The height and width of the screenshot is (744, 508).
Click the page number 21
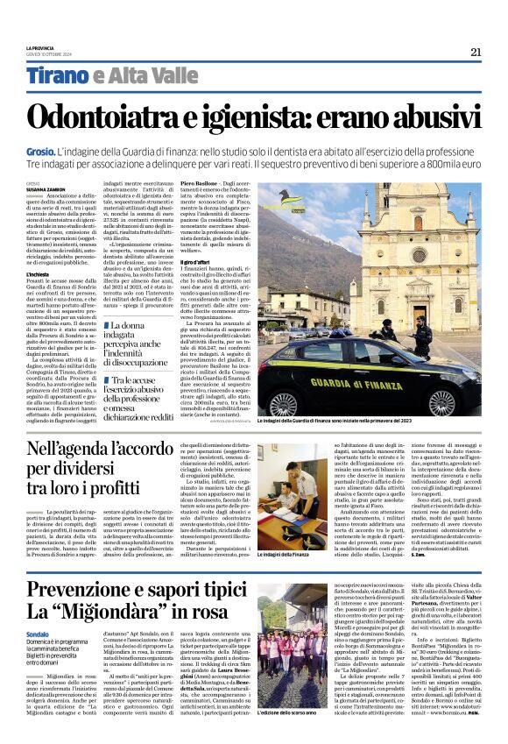coord(476,52)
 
